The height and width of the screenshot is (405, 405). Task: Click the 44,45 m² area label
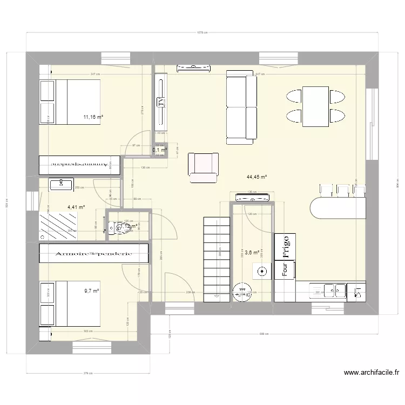(x=256, y=176)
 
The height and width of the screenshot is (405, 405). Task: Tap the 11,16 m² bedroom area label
(x=93, y=117)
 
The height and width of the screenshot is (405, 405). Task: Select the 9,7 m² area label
(x=91, y=291)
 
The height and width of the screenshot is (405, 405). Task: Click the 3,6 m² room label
(x=252, y=252)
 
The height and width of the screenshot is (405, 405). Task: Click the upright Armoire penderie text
(x=93, y=253)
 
